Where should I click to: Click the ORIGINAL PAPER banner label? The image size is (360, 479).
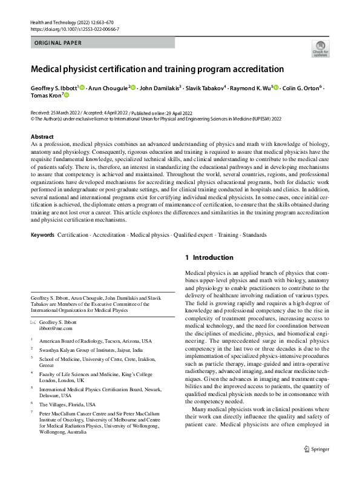point(57,43)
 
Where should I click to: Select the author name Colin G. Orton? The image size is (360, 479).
point(299,88)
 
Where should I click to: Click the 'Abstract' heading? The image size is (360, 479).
point(42,137)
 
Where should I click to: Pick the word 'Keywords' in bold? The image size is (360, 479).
point(42,251)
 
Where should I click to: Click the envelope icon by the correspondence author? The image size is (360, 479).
point(33,323)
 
